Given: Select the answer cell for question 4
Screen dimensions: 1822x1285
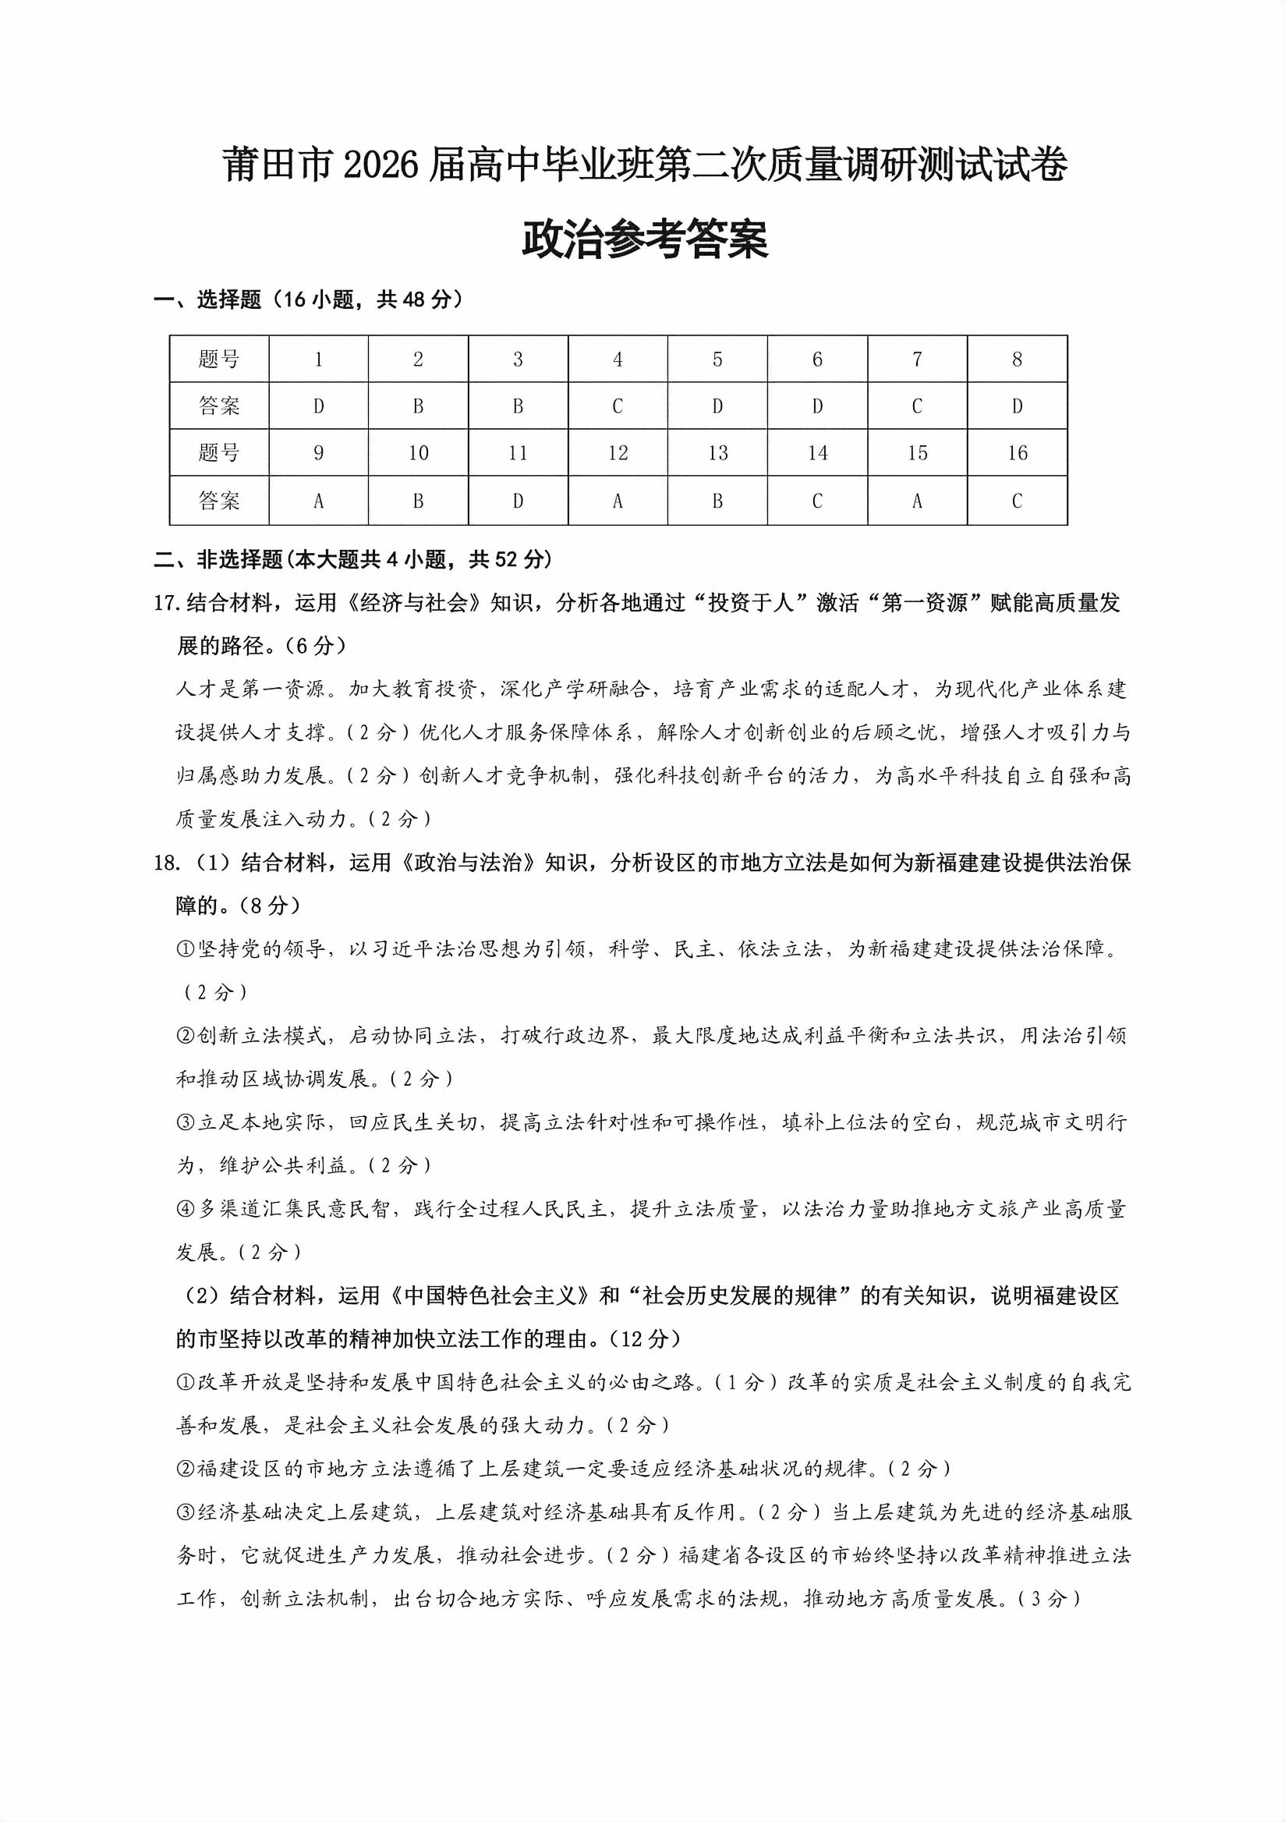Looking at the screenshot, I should coord(617,406).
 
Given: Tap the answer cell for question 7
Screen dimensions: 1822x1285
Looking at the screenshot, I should coord(917,406).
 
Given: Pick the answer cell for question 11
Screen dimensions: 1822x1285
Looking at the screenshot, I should coord(518,501).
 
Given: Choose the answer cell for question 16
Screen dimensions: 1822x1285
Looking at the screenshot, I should coord(1017,501).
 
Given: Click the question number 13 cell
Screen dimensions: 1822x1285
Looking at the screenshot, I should coord(717,453).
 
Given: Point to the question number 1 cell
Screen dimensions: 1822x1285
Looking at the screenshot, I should coord(318,360).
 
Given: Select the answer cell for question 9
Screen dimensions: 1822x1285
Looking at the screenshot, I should coord(318,501).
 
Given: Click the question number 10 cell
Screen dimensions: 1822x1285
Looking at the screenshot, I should coord(418,453).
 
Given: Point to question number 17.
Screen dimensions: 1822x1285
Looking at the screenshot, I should coord(168,604).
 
